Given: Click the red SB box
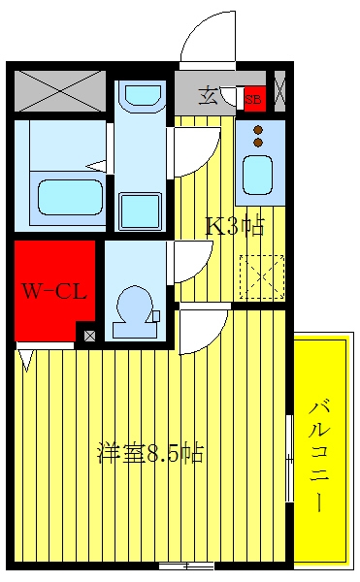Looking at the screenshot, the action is point(255,98).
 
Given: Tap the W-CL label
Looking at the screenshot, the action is point(54,291).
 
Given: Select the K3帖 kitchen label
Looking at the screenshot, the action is point(235,226).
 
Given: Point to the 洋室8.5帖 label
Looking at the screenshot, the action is point(150,452).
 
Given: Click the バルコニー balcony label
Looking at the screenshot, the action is point(319,457).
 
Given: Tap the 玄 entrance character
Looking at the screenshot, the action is point(208,96).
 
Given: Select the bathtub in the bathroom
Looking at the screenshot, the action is point(71,197).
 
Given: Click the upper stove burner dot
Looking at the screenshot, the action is point(258,130).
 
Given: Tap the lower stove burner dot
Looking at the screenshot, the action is point(258,143).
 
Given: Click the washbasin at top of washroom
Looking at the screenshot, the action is point(143,95).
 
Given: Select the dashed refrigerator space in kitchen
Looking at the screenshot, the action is point(262,276).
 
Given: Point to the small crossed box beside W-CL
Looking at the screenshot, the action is point(90,337).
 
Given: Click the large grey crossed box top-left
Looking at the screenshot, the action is point(60,91).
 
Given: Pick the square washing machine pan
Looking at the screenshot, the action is point(141,211).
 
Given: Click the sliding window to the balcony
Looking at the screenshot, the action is point(289,459).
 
